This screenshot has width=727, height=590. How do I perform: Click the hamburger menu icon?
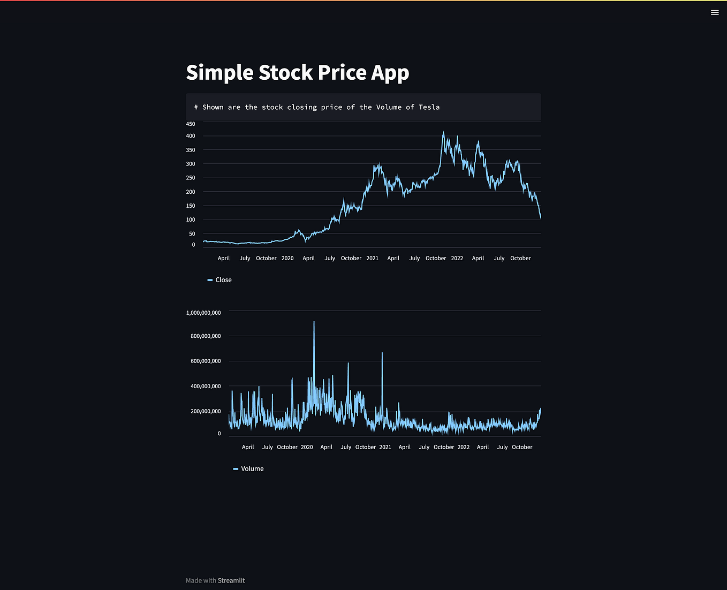[715, 12]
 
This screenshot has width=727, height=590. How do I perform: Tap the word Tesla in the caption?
[429, 107]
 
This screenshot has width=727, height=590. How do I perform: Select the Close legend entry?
[223, 280]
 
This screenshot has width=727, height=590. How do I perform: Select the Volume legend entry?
[252, 469]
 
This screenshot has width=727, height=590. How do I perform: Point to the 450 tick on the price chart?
[191, 124]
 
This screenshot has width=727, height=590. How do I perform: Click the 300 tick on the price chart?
[191, 164]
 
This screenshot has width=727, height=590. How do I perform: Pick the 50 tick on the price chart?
[192, 234]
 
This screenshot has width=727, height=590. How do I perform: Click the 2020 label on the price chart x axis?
[287, 259]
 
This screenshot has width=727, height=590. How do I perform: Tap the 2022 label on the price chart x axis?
[457, 259]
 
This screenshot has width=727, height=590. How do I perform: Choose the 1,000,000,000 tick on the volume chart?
[203, 313]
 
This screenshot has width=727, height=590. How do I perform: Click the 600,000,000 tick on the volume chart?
[206, 361]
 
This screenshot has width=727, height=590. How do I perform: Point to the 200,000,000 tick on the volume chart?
[206, 411]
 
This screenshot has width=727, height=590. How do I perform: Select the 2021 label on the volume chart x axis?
[385, 447]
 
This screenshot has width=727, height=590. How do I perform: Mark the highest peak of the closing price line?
[443, 132]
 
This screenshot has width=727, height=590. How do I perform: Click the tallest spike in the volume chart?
[314, 322]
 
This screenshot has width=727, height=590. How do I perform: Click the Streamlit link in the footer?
[231, 580]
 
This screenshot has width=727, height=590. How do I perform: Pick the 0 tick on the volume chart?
[219, 434]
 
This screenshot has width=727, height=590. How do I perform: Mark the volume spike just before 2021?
[382, 353]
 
